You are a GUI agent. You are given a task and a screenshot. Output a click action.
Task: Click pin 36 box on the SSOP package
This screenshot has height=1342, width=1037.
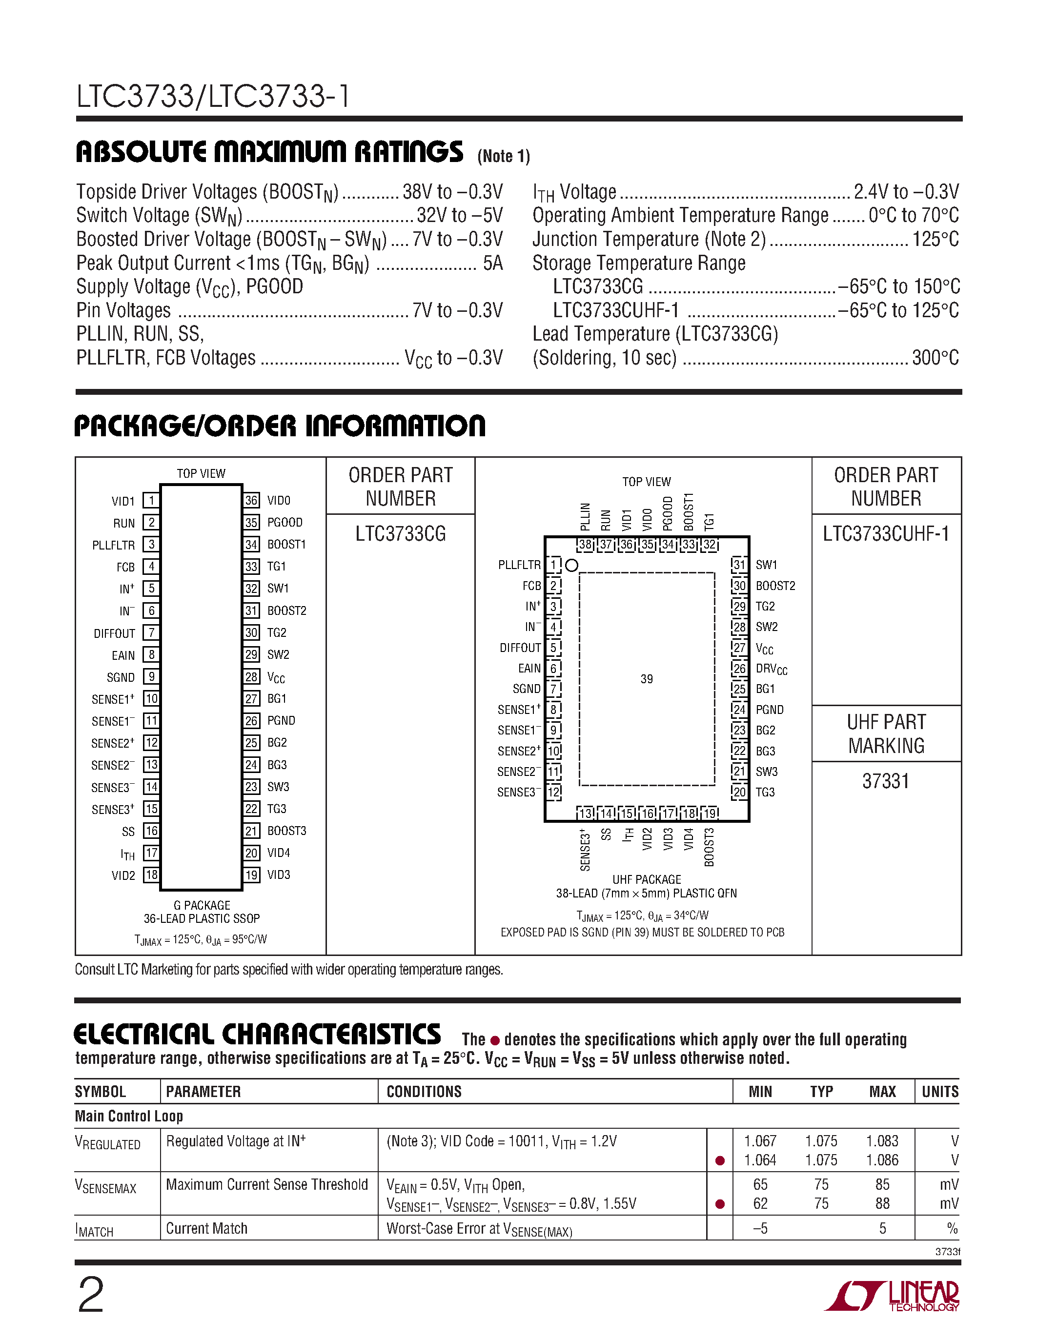pos(251,500)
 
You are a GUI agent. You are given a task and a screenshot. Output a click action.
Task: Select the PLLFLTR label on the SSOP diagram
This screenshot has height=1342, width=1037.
pos(114,545)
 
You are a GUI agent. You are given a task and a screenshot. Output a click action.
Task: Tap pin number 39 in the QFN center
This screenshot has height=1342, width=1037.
pos(646,679)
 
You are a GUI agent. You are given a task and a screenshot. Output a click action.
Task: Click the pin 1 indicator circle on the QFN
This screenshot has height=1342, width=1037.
pos(571,565)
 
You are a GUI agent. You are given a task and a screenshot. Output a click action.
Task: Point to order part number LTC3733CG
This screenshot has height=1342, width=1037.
pos(401,533)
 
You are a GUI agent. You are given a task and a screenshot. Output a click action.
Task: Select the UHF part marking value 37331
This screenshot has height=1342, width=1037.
pos(885,781)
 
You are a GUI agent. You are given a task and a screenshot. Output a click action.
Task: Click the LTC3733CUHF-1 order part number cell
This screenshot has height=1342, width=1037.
pos(886,533)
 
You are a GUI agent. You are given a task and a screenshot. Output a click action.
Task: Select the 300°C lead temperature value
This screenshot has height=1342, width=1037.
pos(935,358)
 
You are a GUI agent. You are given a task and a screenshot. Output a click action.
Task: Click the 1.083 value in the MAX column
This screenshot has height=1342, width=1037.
pos(882,1141)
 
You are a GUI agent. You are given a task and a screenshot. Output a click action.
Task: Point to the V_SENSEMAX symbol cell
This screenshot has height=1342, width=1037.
pos(106,1186)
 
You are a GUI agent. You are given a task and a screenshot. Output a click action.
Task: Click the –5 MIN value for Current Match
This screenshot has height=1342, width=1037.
pos(760,1228)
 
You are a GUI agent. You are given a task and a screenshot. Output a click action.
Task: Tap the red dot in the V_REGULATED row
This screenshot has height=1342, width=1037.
pos(720,1160)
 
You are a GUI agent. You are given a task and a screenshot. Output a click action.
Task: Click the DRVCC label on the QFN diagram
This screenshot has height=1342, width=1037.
pos(771,669)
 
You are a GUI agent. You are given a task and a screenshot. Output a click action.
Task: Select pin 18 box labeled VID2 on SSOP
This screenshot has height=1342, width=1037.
pos(151,874)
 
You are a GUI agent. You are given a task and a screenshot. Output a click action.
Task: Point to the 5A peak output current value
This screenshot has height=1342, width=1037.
pos(493,263)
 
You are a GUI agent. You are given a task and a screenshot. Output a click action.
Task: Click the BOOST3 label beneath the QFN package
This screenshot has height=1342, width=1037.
pos(710,847)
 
